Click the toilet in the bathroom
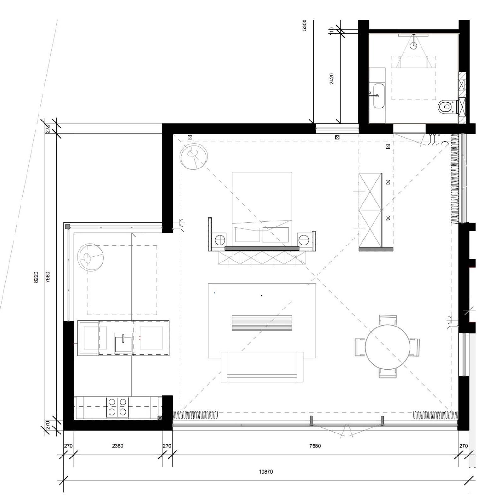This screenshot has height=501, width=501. [x=447, y=107]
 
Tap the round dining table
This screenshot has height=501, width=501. [x=387, y=347]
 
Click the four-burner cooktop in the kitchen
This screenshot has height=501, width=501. [x=117, y=407]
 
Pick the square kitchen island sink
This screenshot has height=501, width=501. [x=123, y=343]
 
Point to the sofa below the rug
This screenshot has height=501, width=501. [x=262, y=367]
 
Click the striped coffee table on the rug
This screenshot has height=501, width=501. [x=262, y=323]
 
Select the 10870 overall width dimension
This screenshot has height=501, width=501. [x=266, y=472]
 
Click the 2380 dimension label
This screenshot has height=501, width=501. [x=118, y=446]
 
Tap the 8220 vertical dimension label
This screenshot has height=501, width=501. [x=36, y=277]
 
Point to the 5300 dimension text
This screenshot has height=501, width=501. [x=304, y=25]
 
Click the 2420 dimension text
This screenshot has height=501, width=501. [x=332, y=79]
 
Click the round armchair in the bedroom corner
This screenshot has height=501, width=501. [x=194, y=157]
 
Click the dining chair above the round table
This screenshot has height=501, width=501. [x=388, y=320]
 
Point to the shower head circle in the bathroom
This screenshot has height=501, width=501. [x=414, y=45]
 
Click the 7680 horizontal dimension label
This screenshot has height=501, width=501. [x=315, y=446]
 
